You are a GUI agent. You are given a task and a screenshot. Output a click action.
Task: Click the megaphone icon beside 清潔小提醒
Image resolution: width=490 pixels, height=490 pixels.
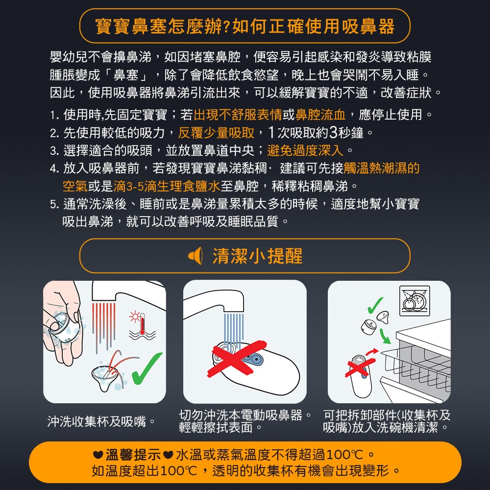click(x=196, y=256)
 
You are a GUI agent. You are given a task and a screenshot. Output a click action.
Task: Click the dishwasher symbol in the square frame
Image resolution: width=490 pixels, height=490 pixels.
click(x=415, y=301)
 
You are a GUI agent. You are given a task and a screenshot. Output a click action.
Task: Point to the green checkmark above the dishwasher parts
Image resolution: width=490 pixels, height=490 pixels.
click(x=375, y=305)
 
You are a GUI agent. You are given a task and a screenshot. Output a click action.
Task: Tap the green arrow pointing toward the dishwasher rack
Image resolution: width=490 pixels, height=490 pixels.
click(x=385, y=336)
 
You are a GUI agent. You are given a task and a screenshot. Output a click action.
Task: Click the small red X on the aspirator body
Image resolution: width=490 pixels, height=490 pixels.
click(x=360, y=367)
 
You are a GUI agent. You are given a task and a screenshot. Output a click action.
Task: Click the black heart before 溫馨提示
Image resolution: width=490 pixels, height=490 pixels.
click(x=98, y=455)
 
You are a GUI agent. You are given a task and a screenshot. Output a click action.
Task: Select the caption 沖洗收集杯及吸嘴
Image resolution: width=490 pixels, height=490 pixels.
click(x=97, y=421)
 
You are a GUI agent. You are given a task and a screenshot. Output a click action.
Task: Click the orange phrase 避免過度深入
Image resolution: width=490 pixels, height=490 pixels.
click(x=305, y=150)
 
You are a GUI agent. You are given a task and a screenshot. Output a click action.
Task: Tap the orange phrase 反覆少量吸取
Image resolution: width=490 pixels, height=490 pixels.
click(x=216, y=133)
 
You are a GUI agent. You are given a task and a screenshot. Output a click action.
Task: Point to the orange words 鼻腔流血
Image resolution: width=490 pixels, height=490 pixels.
click(x=320, y=115)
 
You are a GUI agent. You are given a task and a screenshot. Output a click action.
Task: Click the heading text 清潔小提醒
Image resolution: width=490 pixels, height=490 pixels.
click(x=258, y=256)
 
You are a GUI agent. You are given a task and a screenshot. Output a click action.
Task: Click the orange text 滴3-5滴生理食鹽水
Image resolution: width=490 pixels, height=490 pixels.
click(x=167, y=186)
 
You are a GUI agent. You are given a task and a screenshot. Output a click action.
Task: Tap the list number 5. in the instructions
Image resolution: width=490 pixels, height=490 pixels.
click(x=54, y=204)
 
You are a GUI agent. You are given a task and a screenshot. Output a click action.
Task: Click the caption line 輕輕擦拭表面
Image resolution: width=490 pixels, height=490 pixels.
click(x=216, y=427)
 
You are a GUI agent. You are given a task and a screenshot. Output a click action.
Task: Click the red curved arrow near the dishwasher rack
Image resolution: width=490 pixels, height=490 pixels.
click(x=372, y=352)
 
